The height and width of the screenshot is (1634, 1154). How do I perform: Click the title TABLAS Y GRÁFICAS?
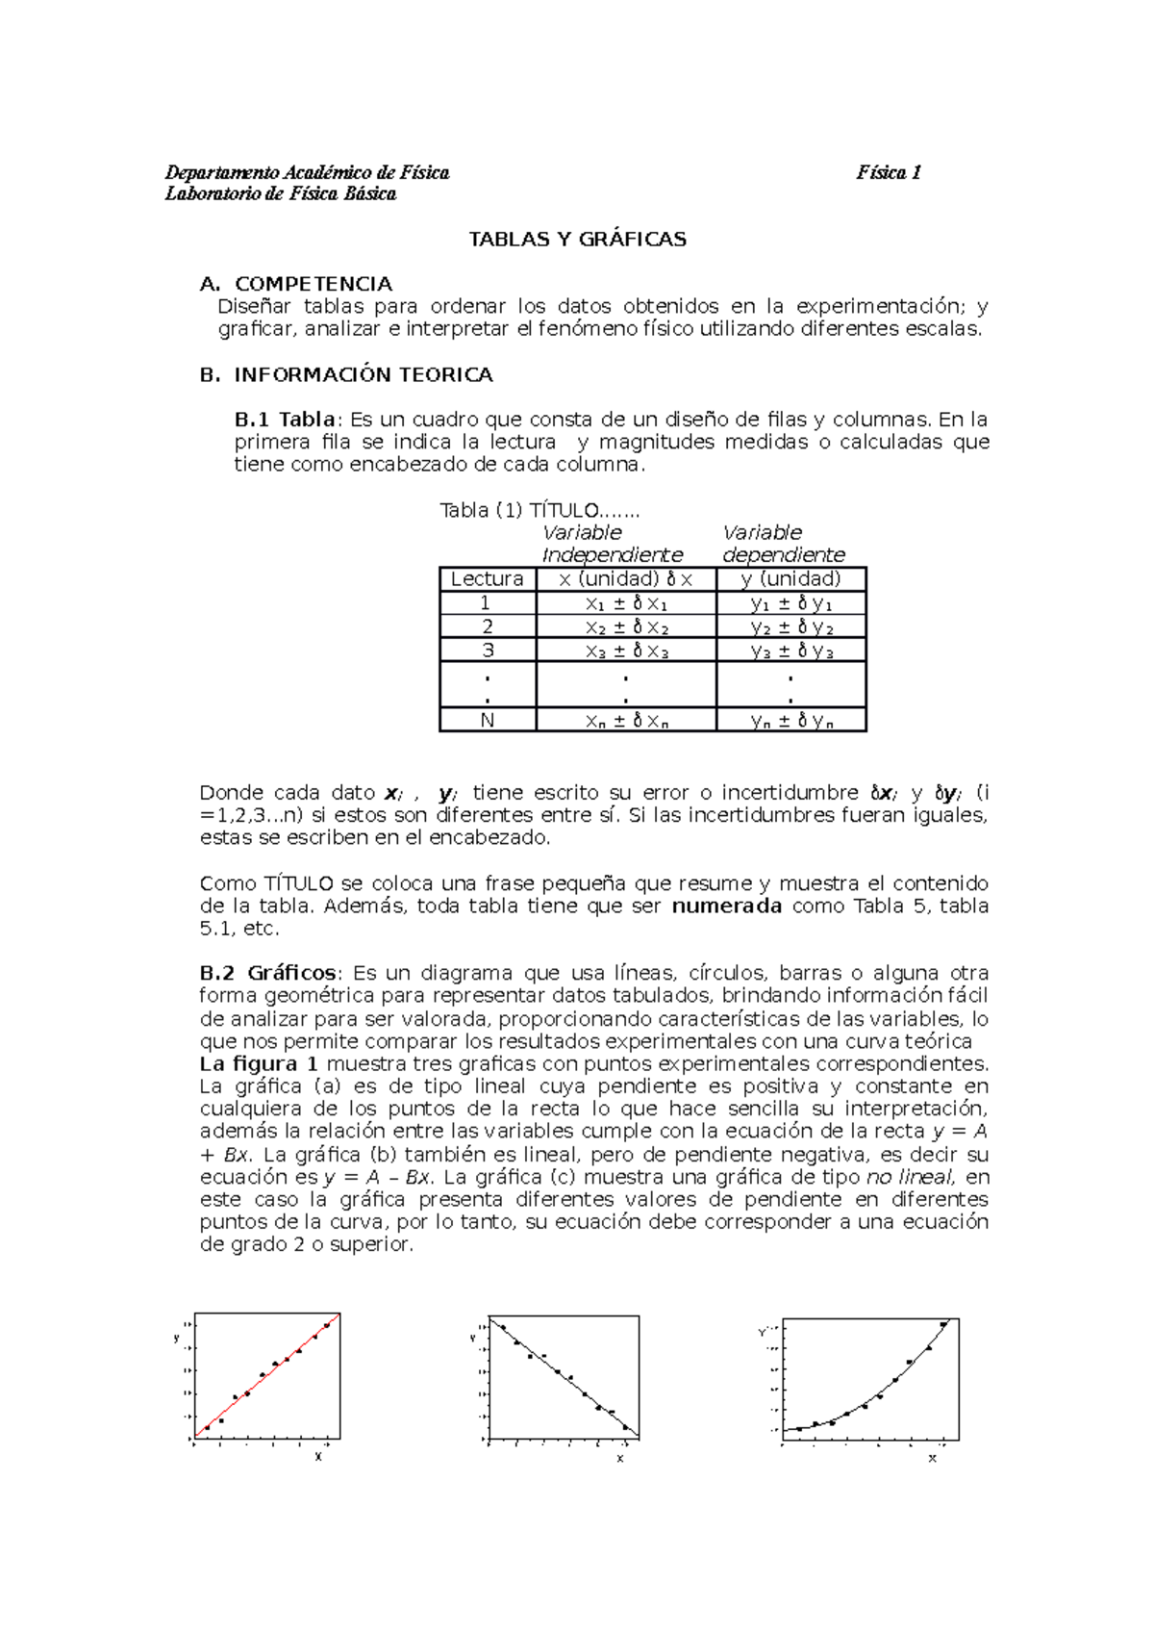click(577, 240)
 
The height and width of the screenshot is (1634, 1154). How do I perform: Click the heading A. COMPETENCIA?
click(296, 284)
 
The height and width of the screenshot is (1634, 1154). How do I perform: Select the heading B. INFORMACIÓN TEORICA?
click(346, 375)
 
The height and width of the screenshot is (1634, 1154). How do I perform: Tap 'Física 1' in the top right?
click(889, 173)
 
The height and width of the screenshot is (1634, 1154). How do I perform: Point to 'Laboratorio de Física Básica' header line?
click(280, 194)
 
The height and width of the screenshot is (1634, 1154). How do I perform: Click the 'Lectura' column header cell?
click(487, 579)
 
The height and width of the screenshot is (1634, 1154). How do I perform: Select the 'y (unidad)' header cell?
click(790, 579)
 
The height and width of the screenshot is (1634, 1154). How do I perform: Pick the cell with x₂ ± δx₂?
click(626, 627)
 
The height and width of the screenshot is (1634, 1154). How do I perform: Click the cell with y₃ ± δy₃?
click(790, 651)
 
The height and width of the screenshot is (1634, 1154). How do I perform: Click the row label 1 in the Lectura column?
click(487, 603)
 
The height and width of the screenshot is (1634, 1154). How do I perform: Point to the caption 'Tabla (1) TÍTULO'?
click(539, 511)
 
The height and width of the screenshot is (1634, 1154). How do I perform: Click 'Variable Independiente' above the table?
click(612, 544)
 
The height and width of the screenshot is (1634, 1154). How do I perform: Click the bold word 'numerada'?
click(726, 906)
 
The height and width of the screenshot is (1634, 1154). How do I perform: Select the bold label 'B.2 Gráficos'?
click(267, 973)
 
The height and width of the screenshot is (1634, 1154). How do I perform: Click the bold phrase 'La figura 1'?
click(259, 1064)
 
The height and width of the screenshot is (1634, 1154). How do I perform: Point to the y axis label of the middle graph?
click(472, 1338)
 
